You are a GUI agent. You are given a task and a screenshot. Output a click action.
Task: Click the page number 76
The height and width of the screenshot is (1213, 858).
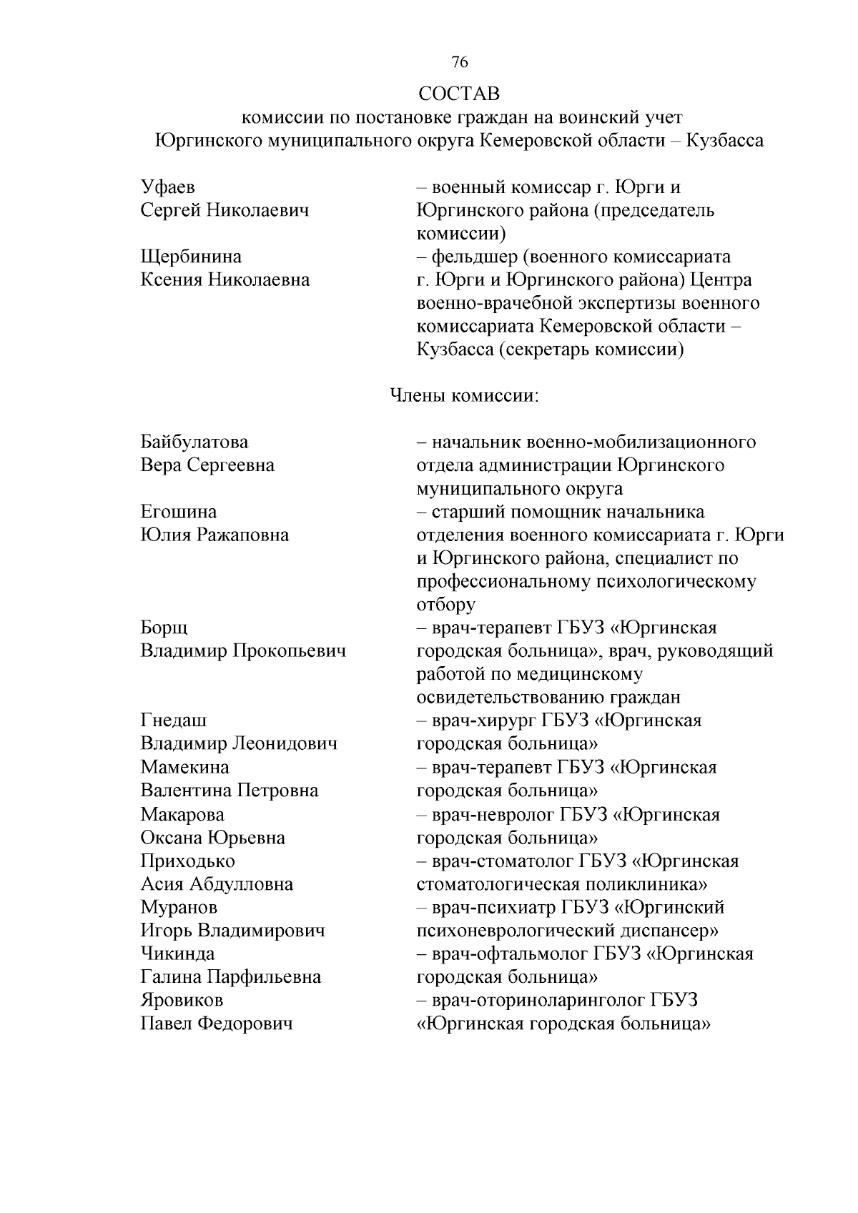460,63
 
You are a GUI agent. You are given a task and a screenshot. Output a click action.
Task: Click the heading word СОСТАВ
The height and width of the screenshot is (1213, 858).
459,94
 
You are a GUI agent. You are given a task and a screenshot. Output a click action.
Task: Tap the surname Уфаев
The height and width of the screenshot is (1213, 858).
168,187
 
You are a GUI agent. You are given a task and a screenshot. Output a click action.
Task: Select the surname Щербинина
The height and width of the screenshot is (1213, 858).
191,257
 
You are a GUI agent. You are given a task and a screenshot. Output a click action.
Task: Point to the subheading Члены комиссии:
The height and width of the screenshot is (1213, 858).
463,395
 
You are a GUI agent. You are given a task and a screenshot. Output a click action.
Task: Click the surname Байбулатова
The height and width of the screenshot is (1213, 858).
194,442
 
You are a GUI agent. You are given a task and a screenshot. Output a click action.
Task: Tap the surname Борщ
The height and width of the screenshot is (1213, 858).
164,628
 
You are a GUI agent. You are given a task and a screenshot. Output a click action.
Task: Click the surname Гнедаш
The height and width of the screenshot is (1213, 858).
174,721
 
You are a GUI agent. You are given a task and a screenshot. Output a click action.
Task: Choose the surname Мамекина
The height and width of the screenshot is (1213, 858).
185,768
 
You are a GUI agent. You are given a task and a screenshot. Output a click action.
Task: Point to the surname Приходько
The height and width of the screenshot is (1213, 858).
187,861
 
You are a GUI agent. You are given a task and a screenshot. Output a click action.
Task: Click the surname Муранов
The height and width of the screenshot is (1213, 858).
179,908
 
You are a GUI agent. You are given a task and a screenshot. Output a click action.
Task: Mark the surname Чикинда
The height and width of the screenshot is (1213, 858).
177,954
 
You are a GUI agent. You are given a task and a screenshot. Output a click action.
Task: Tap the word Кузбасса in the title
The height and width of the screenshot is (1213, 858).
724,140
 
